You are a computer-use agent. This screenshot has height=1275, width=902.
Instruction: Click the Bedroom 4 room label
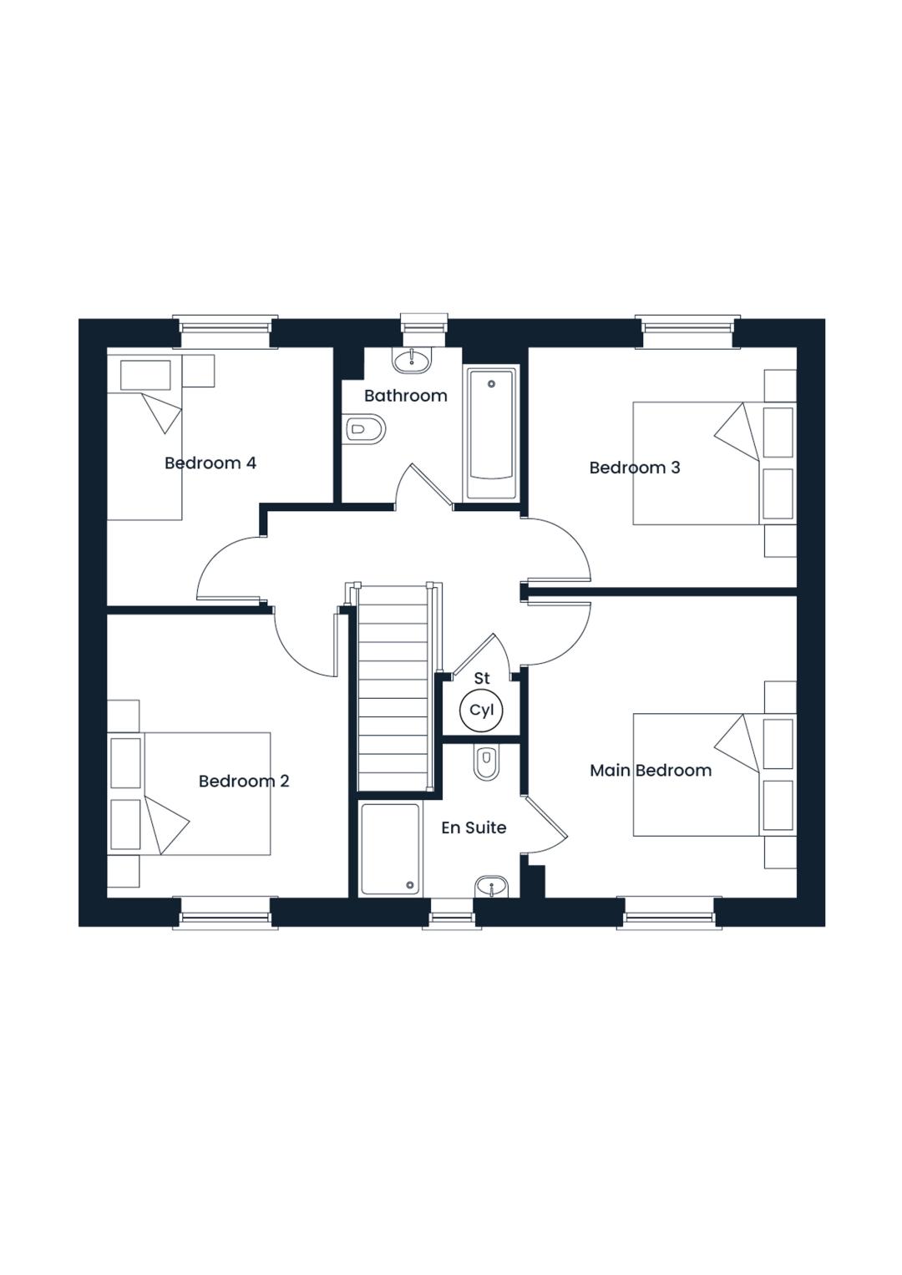[x=210, y=463]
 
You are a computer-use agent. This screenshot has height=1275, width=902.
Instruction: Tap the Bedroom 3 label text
[x=635, y=468]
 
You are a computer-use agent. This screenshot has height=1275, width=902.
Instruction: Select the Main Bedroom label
[x=651, y=771]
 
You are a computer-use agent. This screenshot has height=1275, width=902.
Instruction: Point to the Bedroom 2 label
[x=244, y=782]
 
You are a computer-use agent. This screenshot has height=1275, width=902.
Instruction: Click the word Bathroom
[x=405, y=396]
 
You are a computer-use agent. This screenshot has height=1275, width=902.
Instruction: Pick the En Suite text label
[x=474, y=827]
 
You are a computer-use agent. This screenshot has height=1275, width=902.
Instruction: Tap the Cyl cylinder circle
[x=481, y=710]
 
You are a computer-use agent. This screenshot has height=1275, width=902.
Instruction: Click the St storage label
[x=482, y=679]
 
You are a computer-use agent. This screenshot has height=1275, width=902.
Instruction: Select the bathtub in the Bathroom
[x=493, y=433]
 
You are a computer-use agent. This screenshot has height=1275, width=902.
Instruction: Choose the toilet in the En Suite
[x=486, y=762]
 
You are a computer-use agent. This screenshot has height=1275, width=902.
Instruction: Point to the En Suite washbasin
[x=491, y=886]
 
